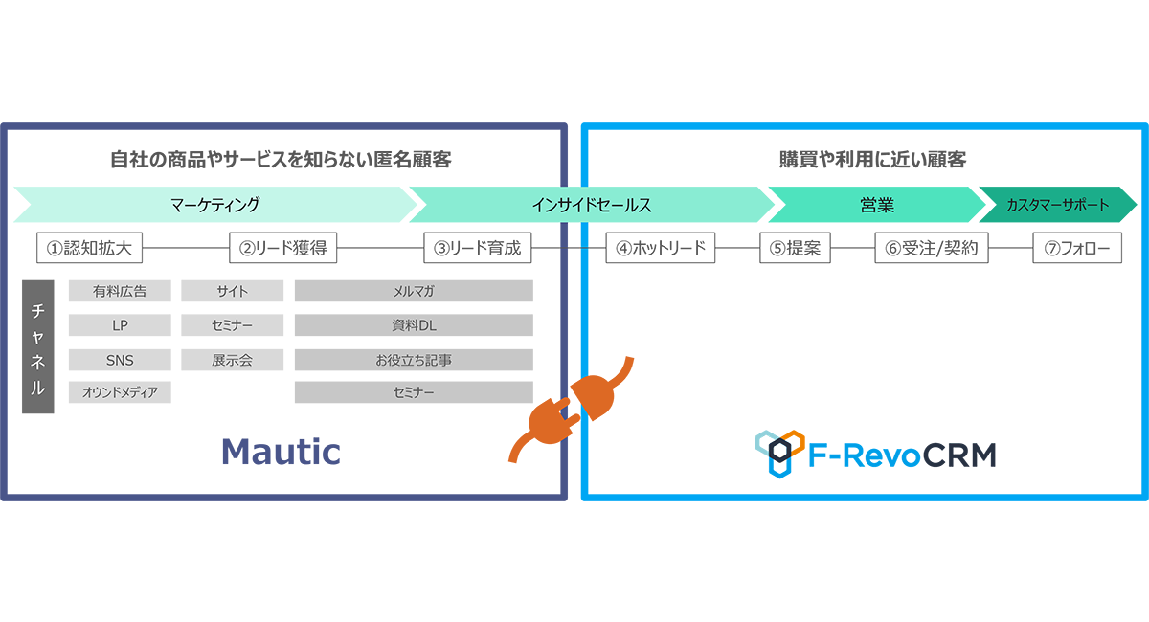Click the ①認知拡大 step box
point(89,249)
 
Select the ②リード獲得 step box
point(283,249)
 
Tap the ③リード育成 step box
point(478,249)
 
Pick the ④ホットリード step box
point(661,249)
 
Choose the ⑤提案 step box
point(795,249)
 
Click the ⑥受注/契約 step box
point(932,249)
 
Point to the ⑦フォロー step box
point(1077,249)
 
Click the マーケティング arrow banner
point(215,205)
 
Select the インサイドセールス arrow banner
point(591,205)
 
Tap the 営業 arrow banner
point(876,205)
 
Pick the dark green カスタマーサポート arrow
point(1057,205)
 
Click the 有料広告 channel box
point(120,291)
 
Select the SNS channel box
point(120,360)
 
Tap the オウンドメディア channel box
point(120,392)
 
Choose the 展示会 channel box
point(232,360)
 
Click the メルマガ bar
point(414,291)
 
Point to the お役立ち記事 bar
point(414,360)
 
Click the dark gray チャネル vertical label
point(38,346)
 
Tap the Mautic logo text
point(281,451)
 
